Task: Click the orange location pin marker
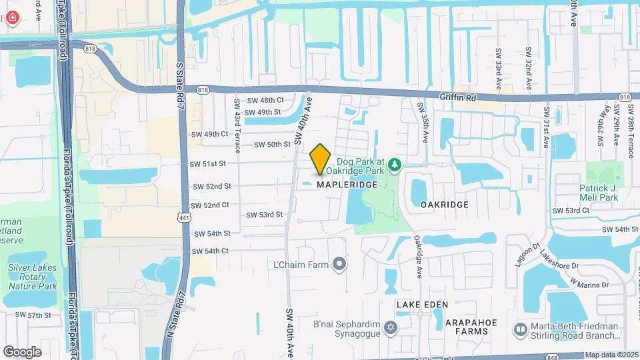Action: click(321, 159)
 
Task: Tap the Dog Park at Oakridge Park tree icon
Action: click(395, 164)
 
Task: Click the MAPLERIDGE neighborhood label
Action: click(347, 184)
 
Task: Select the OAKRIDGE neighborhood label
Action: click(445, 205)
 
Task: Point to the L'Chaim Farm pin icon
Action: click(340, 265)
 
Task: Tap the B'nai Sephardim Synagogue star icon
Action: click(391, 327)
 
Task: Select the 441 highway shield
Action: click(185, 216)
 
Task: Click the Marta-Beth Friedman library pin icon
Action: click(521, 329)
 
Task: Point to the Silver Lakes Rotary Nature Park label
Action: click(33, 277)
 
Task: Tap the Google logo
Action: click(22, 351)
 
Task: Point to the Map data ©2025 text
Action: click(611, 355)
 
